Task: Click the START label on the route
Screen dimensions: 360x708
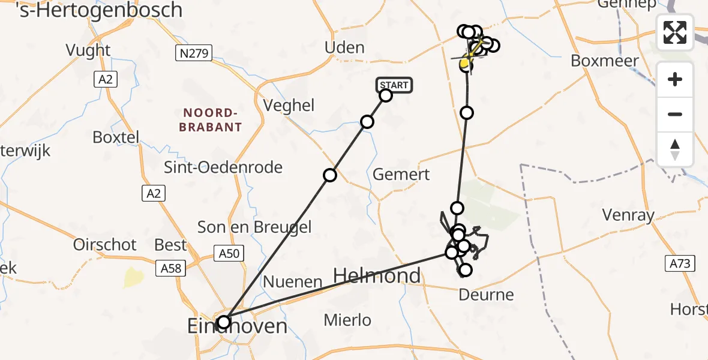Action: pyautogui.click(x=394, y=85)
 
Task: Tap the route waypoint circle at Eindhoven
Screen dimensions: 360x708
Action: pyautogui.click(x=224, y=322)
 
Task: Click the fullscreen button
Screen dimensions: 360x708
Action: pyautogui.click(x=675, y=32)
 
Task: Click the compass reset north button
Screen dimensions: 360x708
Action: pyautogui.click(x=675, y=149)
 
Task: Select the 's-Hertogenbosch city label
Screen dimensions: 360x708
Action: pyautogui.click(x=100, y=10)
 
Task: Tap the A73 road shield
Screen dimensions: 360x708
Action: pyautogui.click(x=680, y=263)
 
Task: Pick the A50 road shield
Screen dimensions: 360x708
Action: pyautogui.click(x=229, y=253)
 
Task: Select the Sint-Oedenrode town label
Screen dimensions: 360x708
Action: pyautogui.click(x=223, y=167)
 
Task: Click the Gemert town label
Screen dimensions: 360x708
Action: pyautogui.click(x=401, y=175)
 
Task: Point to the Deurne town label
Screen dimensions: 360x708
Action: pyautogui.click(x=486, y=295)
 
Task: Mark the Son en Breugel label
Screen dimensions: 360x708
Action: pyautogui.click(x=255, y=227)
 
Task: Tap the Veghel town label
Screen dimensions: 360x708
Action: pyautogui.click(x=289, y=106)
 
